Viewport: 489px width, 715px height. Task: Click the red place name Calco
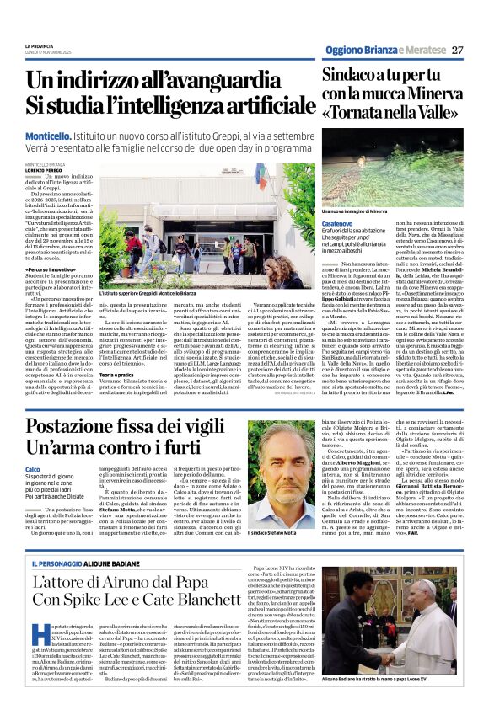(33, 468)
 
